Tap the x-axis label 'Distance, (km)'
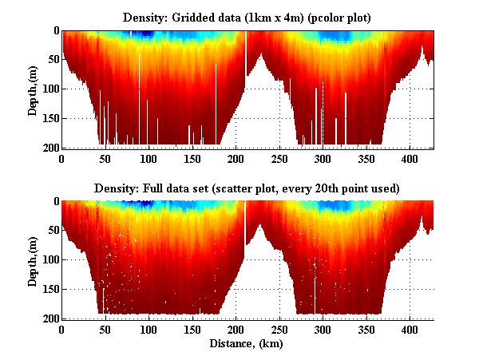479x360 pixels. point(247,344)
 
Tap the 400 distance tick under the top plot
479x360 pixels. point(410,159)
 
